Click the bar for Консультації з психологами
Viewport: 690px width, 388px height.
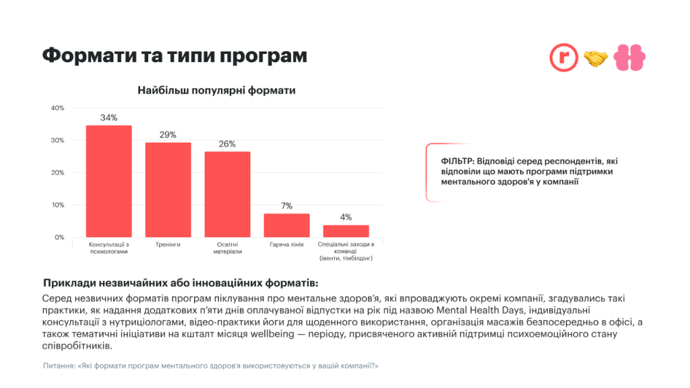(x=108, y=181)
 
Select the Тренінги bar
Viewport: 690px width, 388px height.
(x=168, y=189)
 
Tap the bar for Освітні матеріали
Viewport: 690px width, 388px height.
(x=227, y=194)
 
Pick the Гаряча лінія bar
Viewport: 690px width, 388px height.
(x=286, y=225)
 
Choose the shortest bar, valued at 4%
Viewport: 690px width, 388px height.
(x=346, y=230)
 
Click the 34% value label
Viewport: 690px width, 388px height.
(x=108, y=118)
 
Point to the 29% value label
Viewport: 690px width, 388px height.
(x=168, y=135)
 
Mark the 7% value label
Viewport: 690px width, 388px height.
(x=286, y=206)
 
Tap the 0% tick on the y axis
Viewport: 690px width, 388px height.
(x=59, y=237)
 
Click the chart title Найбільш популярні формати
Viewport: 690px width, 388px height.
(x=216, y=90)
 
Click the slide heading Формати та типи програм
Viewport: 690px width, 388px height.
(x=175, y=55)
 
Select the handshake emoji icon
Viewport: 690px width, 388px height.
(x=596, y=59)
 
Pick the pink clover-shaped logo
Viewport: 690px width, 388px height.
(x=630, y=58)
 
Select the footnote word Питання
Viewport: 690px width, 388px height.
(x=58, y=366)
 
